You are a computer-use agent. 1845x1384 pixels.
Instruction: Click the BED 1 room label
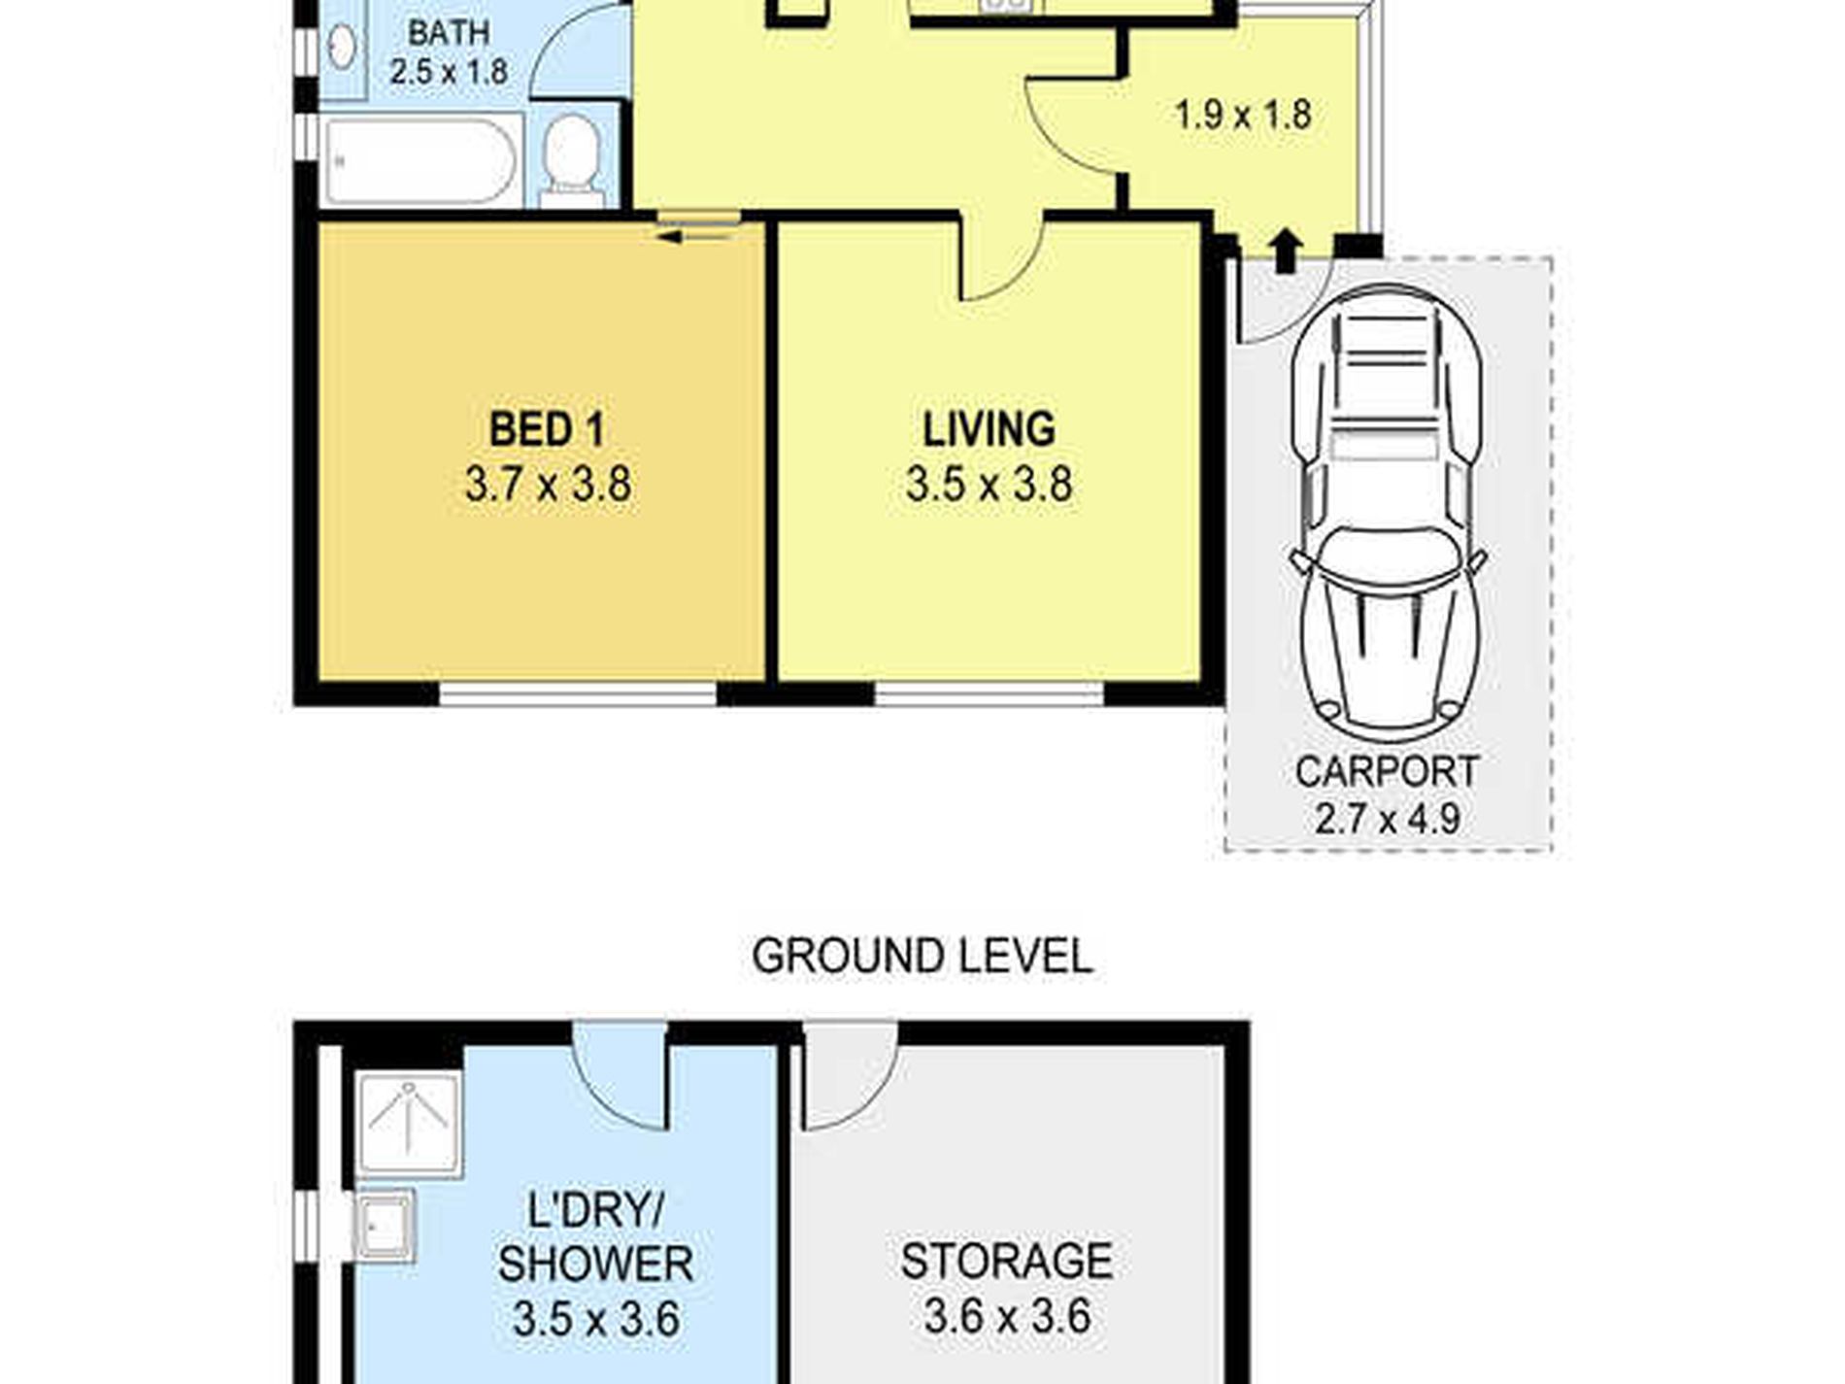pyautogui.click(x=547, y=429)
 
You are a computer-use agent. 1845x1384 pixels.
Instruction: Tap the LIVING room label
pyautogui.click(x=989, y=429)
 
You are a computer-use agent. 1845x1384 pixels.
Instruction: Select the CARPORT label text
pyautogui.click(x=1387, y=772)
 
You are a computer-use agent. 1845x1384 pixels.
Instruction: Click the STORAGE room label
pyautogui.click(x=1006, y=1262)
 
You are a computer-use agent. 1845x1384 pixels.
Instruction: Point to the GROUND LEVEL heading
pyautogui.click(x=922, y=957)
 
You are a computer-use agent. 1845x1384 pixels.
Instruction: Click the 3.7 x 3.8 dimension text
pyautogui.click(x=548, y=484)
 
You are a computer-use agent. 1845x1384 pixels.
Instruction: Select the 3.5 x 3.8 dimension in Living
pyautogui.click(x=989, y=484)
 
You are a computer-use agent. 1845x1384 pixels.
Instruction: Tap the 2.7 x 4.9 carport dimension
pyautogui.click(x=1387, y=818)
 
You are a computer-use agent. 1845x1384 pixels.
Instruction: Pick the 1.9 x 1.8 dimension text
pyautogui.click(x=1243, y=115)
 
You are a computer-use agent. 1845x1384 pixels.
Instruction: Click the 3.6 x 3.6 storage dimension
pyautogui.click(x=1007, y=1317)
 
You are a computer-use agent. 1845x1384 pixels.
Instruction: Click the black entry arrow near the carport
pyautogui.click(x=1286, y=251)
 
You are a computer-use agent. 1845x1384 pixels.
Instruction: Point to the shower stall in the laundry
pyautogui.click(x=408, y=1124)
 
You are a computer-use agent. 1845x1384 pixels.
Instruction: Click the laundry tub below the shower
pyautogui.click(x=386, y=1225)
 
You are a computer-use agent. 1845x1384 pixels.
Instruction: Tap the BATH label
pyautogui.click(x=448, y=32)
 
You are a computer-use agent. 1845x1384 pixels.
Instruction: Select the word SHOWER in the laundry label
pyautogui.click(x=595, y=1264)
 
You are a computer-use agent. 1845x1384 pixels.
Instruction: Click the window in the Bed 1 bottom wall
pyautogui.click(x=578, y=693)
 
